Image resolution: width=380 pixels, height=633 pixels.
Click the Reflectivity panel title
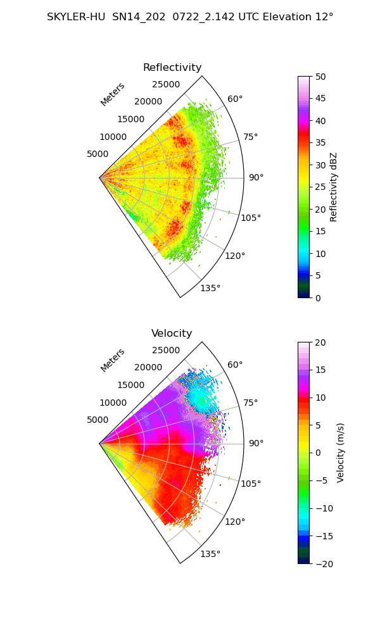point(172,68)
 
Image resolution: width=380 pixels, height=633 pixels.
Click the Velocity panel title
point(172,333)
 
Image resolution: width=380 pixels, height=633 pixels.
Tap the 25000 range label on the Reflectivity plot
point(166,84)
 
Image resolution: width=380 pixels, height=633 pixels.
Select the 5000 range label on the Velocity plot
point(98,420)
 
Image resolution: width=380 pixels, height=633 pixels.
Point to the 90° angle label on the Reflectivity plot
point(256,177)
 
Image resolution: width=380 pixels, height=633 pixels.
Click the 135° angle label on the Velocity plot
point(210,554)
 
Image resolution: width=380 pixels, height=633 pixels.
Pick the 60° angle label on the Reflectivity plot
point(235,99)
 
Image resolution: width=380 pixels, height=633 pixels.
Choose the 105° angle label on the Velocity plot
point(251,483)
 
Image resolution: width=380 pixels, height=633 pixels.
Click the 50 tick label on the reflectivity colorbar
point(320,77)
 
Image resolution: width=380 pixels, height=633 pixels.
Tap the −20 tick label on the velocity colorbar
point(324,564)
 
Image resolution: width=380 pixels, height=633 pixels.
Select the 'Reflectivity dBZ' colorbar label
point(333,187)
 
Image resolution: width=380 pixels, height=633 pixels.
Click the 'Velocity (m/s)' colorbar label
point(341,453)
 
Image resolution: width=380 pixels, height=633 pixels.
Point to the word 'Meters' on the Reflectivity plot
point(113,94)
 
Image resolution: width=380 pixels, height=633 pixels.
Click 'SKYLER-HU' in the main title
point(77,17)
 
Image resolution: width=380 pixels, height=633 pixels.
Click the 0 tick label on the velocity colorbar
point(318,453)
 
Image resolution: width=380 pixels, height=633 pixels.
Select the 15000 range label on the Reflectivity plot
point(131,119)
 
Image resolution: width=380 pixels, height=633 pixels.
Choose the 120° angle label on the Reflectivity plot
point(235,256)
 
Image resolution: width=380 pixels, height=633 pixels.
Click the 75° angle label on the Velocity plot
point(250,403)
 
